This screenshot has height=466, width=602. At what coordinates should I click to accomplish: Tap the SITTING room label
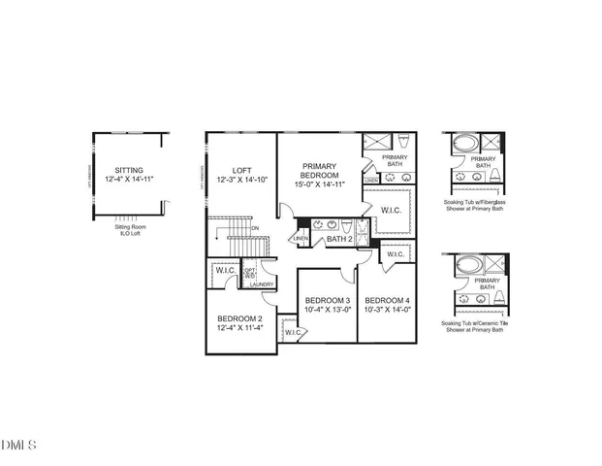[130, 169]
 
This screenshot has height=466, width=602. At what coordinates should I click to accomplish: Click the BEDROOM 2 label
[238, 318]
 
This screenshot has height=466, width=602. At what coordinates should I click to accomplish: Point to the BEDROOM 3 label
[327, 300]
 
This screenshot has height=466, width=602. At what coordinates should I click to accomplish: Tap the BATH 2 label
[338, 238]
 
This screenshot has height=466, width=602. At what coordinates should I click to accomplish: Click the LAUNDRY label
[262, 284]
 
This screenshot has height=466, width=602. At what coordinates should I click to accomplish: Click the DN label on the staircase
[255, 228]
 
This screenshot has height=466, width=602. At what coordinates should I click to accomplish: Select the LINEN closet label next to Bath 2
[301, 238]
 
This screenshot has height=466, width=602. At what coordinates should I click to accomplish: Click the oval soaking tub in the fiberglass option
[465, 143]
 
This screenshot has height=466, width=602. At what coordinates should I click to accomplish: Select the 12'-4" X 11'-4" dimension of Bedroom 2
[238, 328]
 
